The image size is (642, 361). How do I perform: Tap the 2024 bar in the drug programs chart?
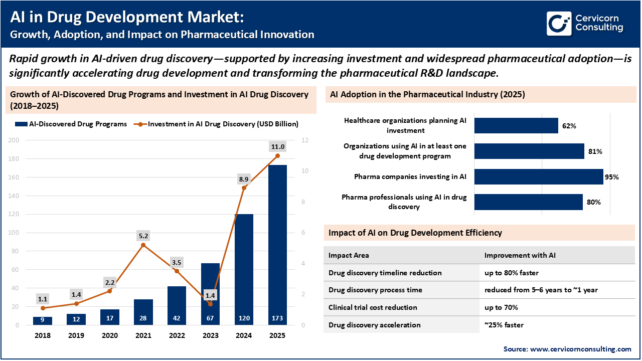pos(244,269)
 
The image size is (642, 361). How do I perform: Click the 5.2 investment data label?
pos(143,236)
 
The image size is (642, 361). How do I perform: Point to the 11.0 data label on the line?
pos(277,146)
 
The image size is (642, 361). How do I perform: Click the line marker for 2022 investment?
pos(177,271)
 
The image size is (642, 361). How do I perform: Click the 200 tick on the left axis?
pos(15,140)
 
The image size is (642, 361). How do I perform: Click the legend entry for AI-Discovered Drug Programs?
pos(71,124)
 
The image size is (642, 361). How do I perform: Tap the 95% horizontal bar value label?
pos(612,177)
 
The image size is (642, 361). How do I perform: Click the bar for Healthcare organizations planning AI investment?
pos(516,126)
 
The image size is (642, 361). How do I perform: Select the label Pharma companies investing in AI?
pos(410,176)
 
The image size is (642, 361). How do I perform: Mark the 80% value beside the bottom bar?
pos(593,202)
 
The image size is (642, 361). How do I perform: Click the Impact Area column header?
pos(349,255)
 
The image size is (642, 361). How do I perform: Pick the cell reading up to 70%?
pos(501,307)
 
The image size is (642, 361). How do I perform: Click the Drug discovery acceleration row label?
pos(375,325)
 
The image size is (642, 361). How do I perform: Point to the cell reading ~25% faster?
pos(504,325)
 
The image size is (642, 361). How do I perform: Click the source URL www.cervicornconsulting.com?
pos(581,349)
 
